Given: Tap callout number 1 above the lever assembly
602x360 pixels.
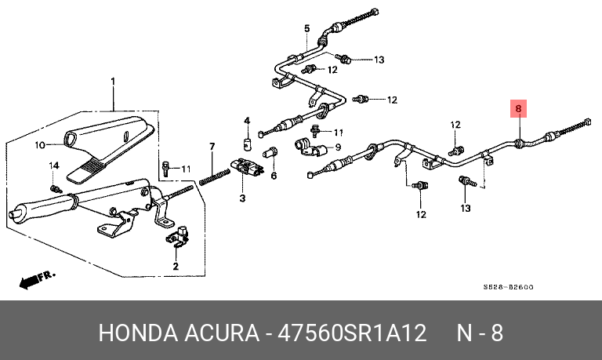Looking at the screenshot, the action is [112, 82].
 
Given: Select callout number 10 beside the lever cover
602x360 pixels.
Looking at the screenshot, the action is [40, 144].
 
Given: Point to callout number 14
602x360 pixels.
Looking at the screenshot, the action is [54, 165].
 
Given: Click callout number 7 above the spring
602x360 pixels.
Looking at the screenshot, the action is [212, 147].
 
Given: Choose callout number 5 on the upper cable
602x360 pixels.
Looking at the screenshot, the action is [307, 29].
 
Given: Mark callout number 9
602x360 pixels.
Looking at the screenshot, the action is [338, 147].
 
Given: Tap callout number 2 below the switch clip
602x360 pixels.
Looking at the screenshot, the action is [175, 267].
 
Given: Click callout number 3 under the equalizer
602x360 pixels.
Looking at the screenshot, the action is [242, 197].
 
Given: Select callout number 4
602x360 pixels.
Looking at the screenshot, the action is [245, 121].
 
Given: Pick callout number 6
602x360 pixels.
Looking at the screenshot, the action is [274, 175].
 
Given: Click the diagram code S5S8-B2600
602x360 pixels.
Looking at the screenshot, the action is [509, 287].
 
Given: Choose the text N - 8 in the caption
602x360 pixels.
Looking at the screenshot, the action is [480, 333].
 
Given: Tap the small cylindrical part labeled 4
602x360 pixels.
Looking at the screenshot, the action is [245, 143].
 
